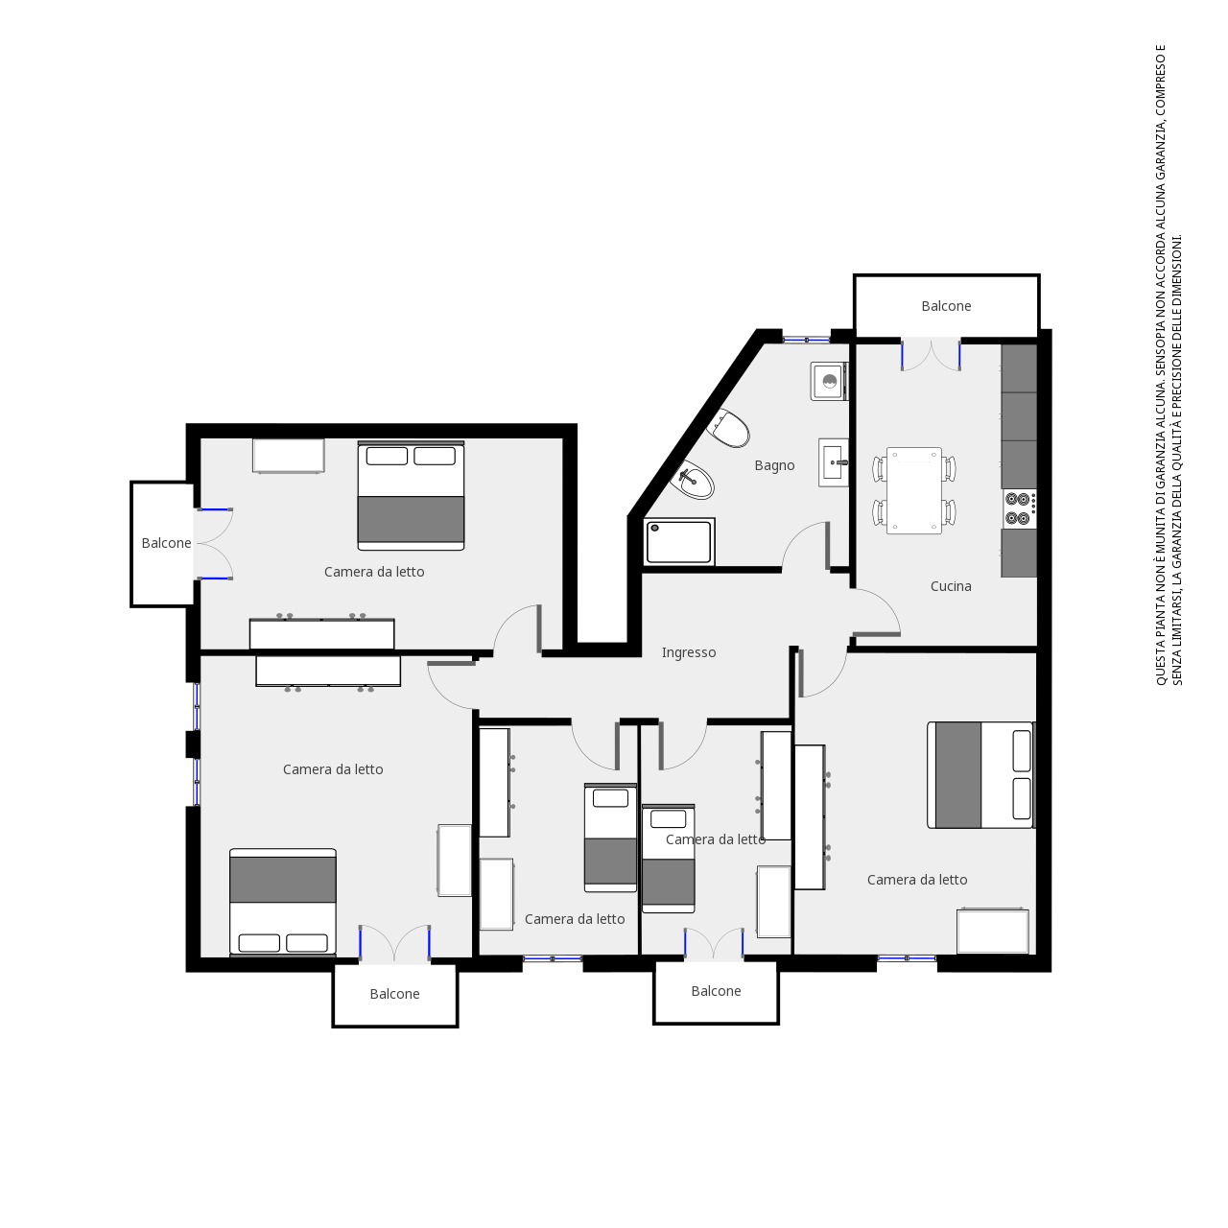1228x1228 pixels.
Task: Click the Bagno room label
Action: click(774, 465)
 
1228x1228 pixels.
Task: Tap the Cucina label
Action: click(950, 586)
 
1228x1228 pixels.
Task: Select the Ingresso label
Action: click(688, 652)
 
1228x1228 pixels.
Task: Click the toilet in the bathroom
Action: click(730, 429)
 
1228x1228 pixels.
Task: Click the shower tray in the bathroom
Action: click(679, 542)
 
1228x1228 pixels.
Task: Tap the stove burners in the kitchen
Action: click(1018, 508)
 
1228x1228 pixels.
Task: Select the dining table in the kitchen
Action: click(914, 490)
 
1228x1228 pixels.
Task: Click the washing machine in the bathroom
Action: click(829, 381)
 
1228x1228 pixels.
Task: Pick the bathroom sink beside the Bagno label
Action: click(833, 462)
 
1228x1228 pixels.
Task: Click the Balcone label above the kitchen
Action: click(946, 306)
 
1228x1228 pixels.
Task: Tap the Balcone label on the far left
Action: click(166, 543)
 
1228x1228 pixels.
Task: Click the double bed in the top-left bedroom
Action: click(411, 495)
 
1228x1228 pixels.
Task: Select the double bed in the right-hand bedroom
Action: click(980, 775)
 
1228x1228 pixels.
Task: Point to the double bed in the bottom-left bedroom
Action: click(283, 903)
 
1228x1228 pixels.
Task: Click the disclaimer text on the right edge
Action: click(1169, 366)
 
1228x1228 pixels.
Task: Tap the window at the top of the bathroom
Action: click(806, 340)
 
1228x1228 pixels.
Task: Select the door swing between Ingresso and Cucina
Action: click(876, 612)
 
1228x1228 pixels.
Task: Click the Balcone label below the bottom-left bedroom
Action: click(394, 994)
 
